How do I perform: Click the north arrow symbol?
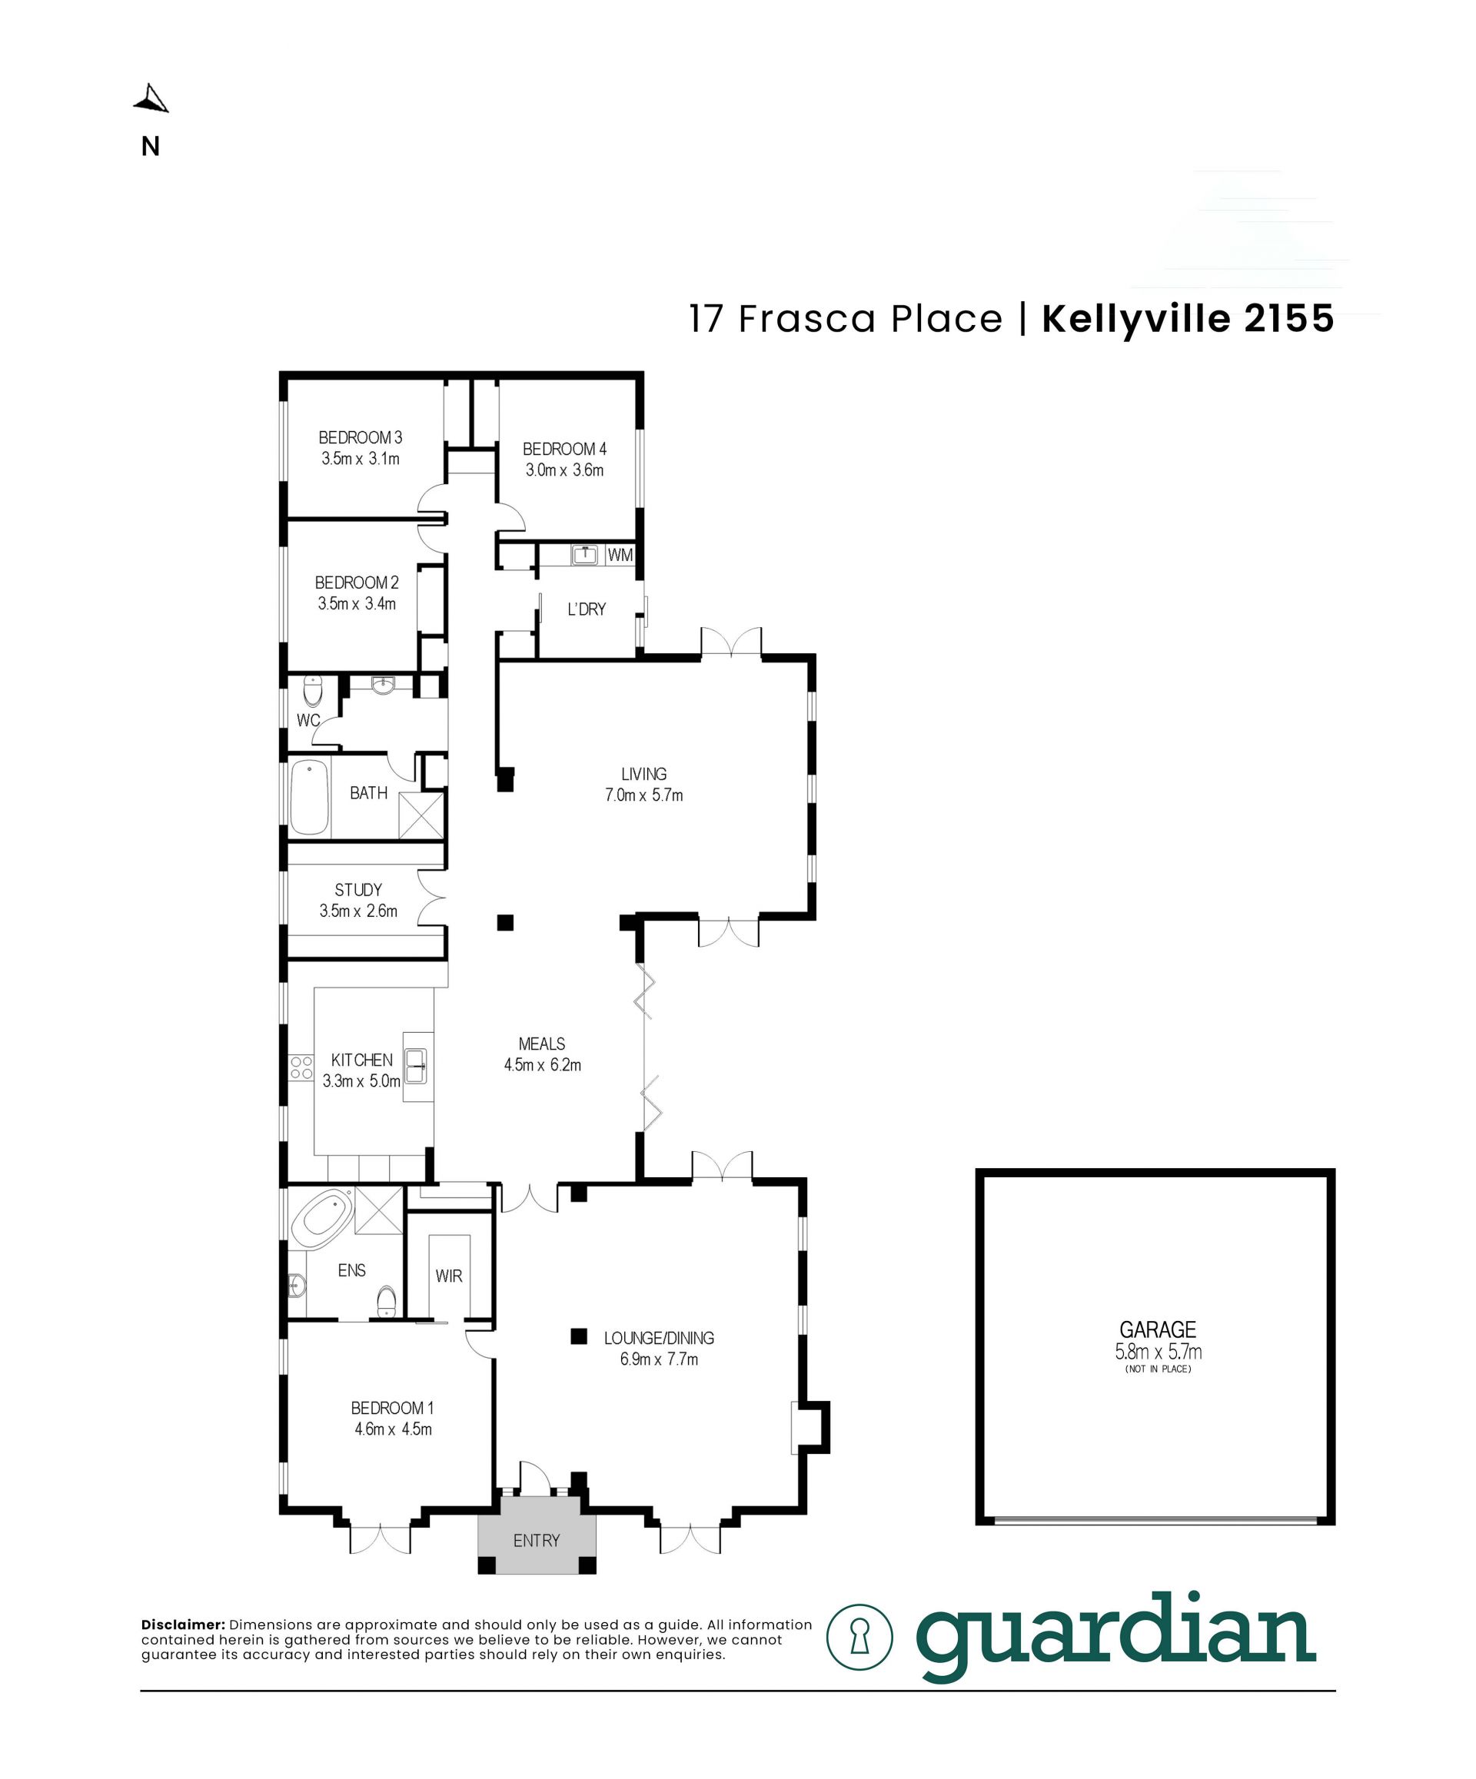click(x=151, y=99)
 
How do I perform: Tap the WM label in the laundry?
click(x=620, y=556)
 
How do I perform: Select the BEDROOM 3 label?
click(x=360, y=438)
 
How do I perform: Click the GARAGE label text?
click(x=1158, y=1329)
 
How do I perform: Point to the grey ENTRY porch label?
click(x=537, y=1540)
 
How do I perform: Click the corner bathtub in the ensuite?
click(x=321, y=1218)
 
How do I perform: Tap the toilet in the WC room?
click(x=313, y=690)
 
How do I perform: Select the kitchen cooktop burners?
click(x=301, y=1067)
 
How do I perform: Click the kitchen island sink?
click(x=416, y=1066)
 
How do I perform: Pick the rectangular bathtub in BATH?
click(x=309, y=797)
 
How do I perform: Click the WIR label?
click(x=448, y=1276)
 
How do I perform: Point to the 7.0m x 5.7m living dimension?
click(x=644, y=795)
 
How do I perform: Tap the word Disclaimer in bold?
click(x=183, y=1625)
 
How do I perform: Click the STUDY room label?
click(x=358, y=890)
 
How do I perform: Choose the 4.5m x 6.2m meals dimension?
click(x=542, y=1065)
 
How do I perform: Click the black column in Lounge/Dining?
click(x=579, y=1336)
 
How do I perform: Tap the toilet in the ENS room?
click(x=387, y=1300)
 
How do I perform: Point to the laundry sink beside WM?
click(x=586, y=555)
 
